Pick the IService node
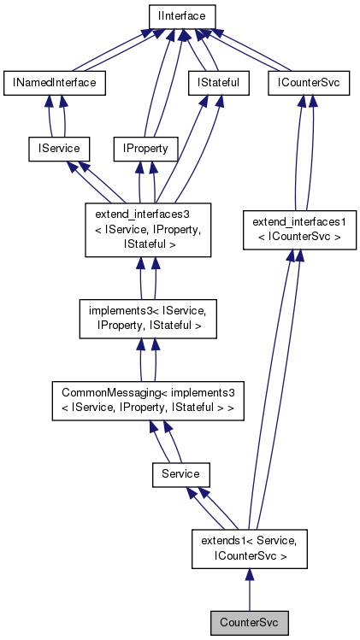(55, 149)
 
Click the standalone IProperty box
(145, 149)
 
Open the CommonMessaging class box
(148, 401)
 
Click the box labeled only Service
(180, 473)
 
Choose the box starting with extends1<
(248, 548)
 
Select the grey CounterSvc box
(248, 621)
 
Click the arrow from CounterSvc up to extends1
(248, 590)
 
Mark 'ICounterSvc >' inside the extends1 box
(248, 555)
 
